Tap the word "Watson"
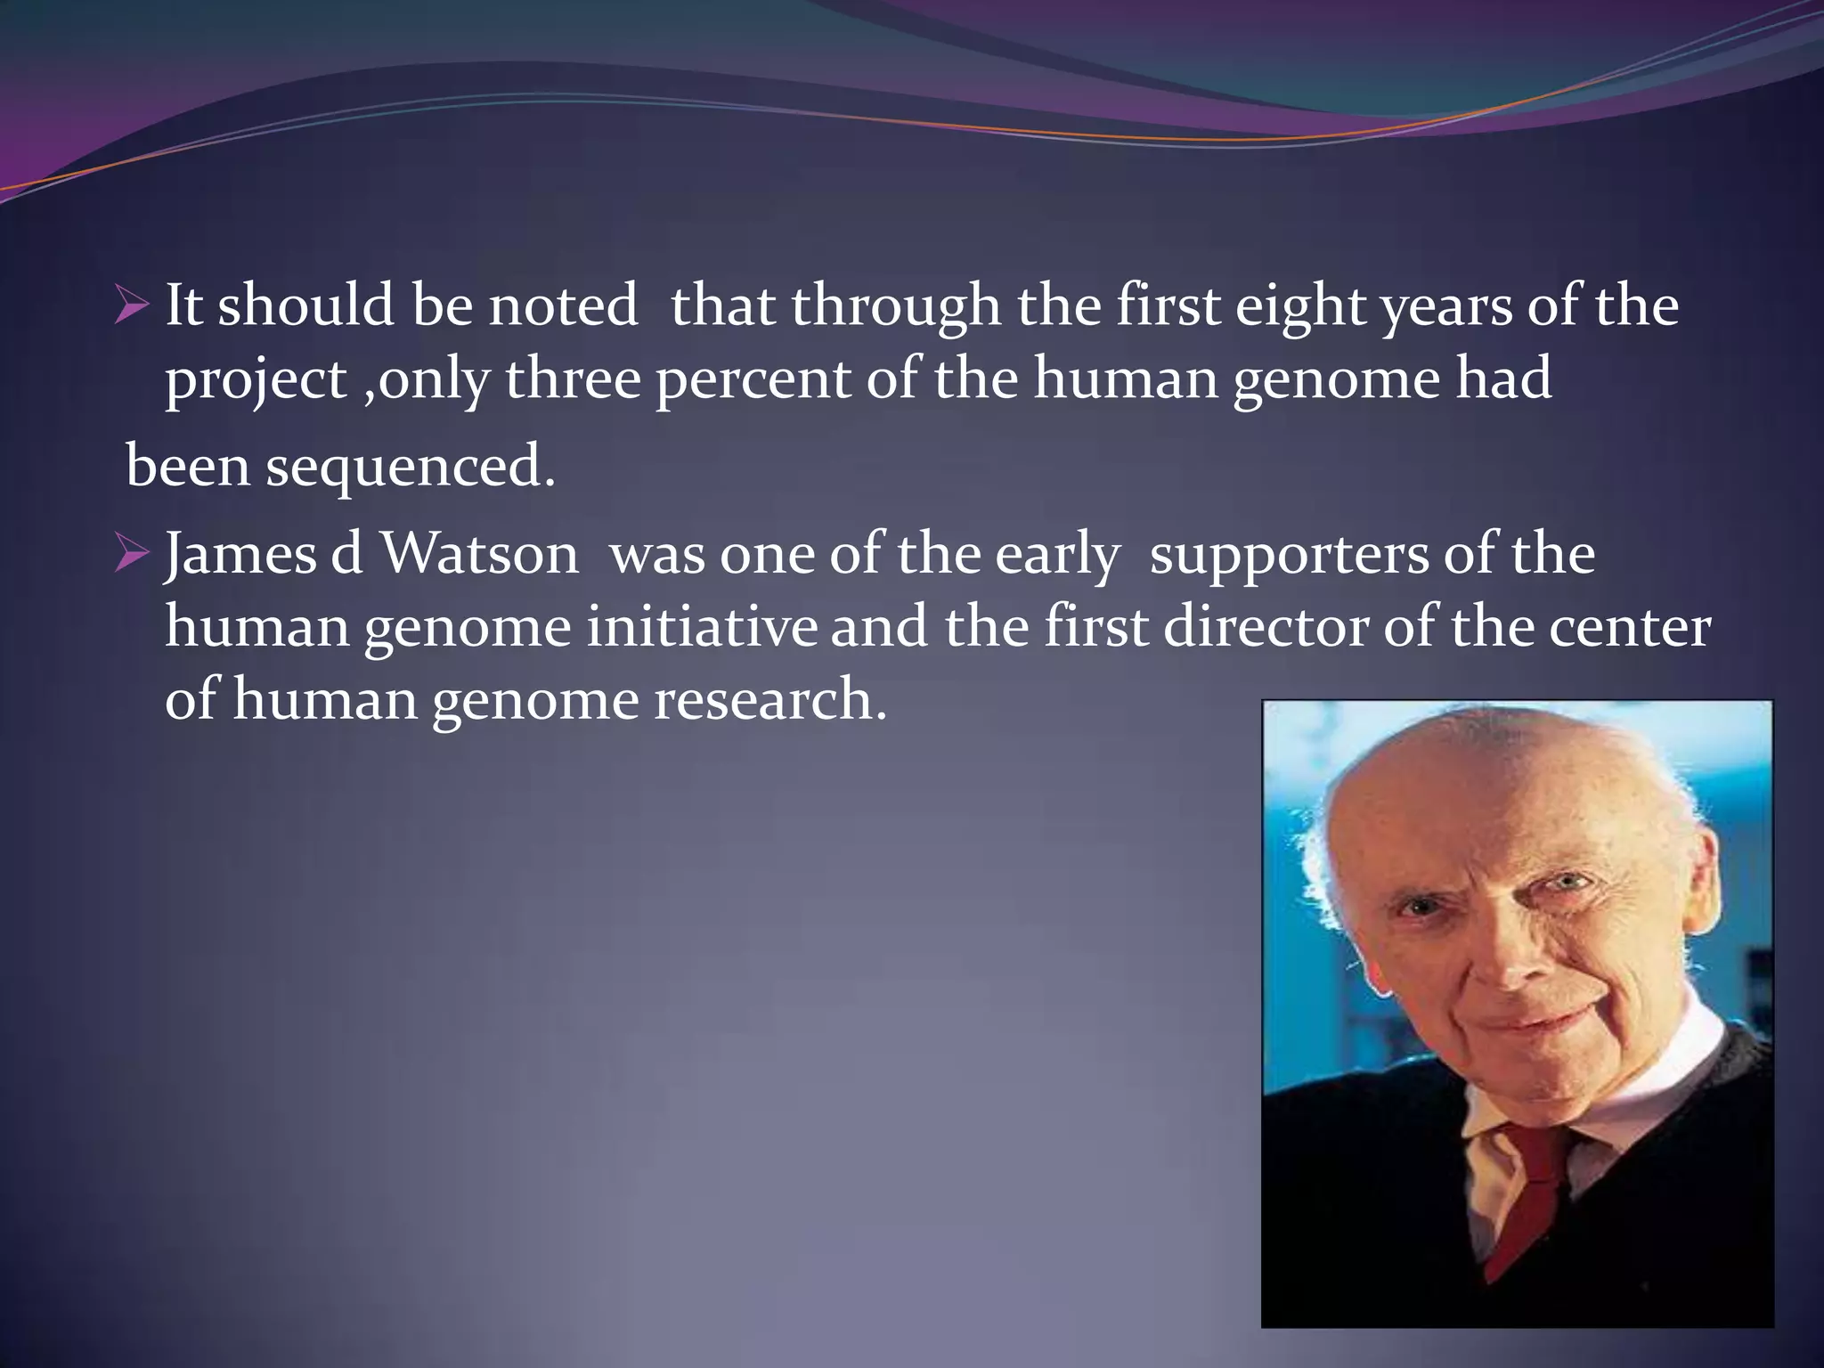click(479, 555)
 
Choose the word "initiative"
click(701, 627)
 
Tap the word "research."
click(770, 700)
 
